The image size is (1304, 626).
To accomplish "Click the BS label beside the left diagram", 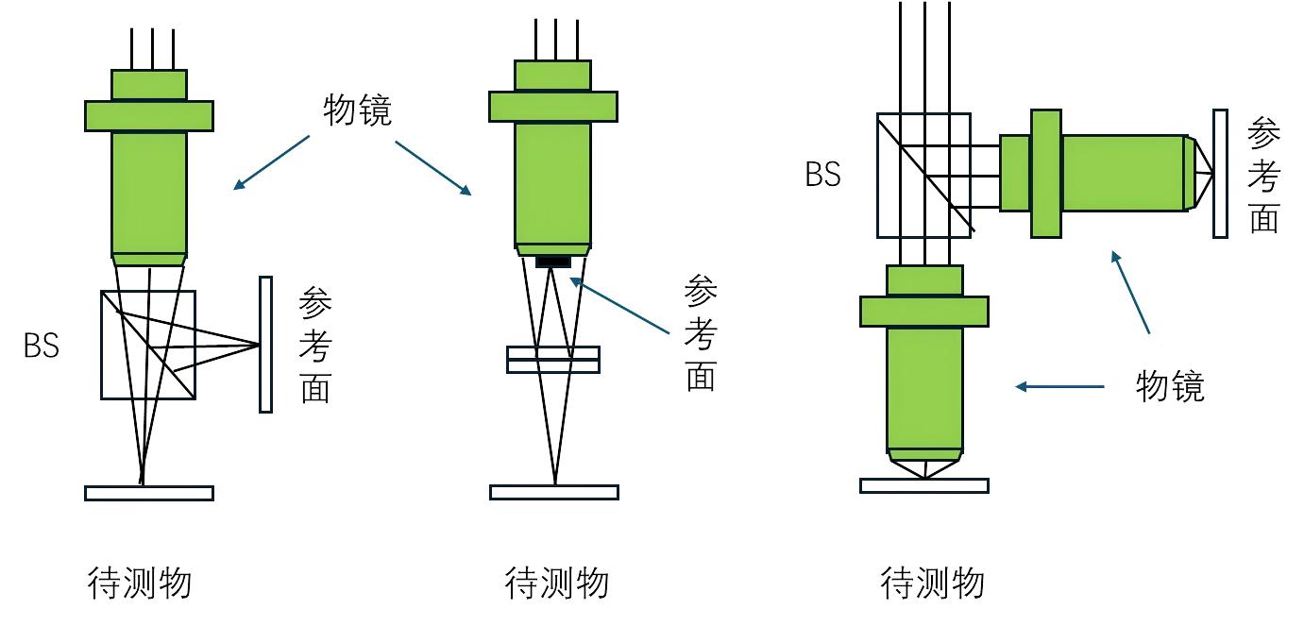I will coord(42,346).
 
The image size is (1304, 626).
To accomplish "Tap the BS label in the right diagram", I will coord(822,175).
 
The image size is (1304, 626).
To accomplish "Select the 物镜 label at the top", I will coord(357,110).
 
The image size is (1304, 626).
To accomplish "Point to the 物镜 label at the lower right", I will coord(1170,386).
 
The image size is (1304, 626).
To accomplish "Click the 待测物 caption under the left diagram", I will coord(140,583).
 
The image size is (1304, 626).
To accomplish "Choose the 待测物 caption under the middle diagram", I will coord(557,583).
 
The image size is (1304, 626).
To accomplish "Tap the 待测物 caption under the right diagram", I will coord(933,583).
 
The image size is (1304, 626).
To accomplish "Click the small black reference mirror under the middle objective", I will coord(553,261).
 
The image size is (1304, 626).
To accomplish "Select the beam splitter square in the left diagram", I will coord(148,345).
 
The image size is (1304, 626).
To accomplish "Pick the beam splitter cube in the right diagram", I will coord(923,175).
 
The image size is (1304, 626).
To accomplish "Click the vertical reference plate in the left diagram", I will coord(265,344).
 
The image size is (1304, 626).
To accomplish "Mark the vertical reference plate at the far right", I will coord(1220,174).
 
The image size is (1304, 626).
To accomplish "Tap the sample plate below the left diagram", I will coord(149,493).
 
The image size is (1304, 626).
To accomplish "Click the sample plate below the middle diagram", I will coord(553,492).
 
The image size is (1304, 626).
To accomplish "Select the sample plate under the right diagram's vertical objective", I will coord(923,485).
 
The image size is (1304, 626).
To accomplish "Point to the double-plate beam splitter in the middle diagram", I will coord(553,360).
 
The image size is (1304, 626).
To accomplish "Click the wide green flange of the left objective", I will coord(149,115).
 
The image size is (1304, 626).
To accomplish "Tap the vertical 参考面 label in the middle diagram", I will coord(700,335).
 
